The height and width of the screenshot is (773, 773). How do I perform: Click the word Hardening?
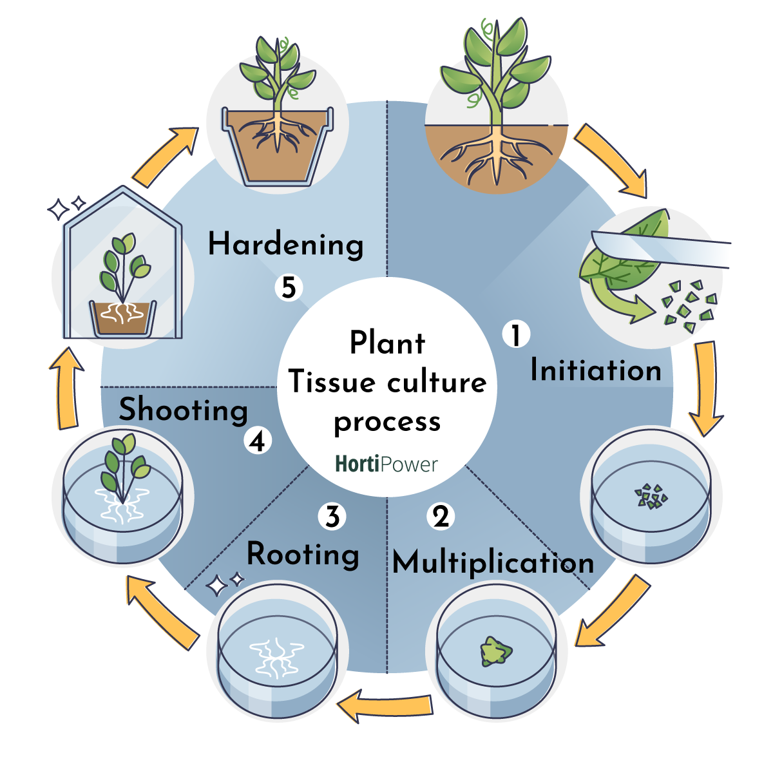coord(285,245)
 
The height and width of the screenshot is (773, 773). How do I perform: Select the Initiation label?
coord(595,370)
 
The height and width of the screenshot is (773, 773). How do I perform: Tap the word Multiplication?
coord(493,563)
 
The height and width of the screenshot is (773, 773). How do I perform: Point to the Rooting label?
coord(303,555)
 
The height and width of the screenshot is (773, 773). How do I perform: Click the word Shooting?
coord(184,410)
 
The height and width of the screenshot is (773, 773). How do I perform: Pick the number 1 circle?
coord(516,335)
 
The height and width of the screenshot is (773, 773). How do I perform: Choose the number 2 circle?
coord(441,516)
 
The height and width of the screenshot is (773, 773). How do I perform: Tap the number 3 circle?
coord(332,516)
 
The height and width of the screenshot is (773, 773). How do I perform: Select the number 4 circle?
coord(258,442)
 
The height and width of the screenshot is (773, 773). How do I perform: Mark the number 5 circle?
coord(289,288)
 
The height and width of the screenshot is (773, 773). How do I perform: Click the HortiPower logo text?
coord(386,464)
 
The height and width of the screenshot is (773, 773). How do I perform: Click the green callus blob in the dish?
coord(495,652)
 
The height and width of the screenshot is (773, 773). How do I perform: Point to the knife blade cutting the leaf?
coord(663,248)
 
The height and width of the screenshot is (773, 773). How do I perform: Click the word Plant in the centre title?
coord(387,343)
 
